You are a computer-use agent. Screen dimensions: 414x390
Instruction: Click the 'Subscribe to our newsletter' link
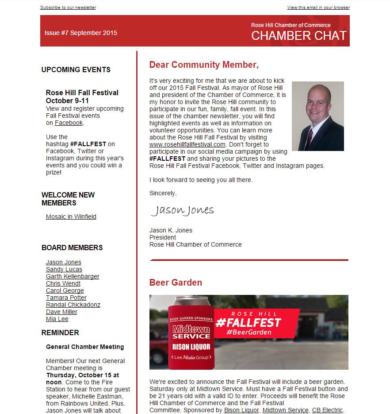68,8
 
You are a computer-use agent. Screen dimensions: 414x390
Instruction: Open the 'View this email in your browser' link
318,8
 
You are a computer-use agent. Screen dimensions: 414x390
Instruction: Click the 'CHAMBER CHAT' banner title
299,36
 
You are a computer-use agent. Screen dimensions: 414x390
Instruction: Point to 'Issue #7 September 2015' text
81,33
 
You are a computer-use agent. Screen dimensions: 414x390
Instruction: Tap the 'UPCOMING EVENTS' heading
76,70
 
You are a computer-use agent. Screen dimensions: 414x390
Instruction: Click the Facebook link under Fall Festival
69,123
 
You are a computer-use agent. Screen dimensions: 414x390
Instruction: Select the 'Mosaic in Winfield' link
71,217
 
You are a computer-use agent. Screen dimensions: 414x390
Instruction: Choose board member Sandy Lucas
64,269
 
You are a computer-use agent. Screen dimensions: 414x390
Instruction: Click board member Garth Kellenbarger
73,276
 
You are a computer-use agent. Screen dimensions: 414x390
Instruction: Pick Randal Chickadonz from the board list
73,305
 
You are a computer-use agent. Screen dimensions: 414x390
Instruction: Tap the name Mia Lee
57,319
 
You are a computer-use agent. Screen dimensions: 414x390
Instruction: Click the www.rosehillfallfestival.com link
187,144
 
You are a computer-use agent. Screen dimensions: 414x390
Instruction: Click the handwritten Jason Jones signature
182,210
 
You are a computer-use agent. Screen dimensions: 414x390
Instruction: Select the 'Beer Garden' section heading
176,282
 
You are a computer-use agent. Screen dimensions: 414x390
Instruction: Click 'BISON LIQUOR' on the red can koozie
191,346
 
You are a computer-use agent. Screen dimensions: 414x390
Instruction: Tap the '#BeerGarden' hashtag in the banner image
249,332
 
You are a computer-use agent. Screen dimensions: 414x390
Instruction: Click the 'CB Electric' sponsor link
327,410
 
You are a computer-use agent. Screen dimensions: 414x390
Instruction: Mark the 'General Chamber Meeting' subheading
85,347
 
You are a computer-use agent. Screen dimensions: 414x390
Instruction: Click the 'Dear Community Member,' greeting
204,65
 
